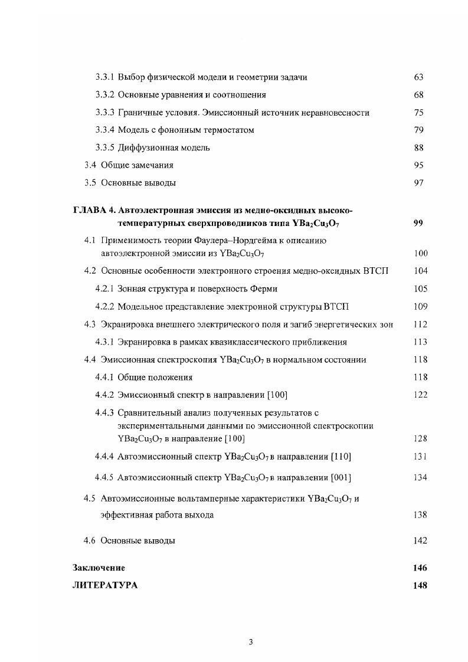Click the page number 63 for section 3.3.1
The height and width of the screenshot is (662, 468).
[x=419, y=77]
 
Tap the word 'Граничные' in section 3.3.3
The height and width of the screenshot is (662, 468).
[x=139, y=113]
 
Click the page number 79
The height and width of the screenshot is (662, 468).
[x=419, y=130]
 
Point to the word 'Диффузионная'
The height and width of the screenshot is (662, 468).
[x=145, y=148]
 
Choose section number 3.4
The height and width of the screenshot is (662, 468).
[x=90, y=166]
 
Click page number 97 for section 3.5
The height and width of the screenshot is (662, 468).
[x=419, y=183]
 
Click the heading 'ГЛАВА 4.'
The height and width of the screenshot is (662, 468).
[x=94, y=211]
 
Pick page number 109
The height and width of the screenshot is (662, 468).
[x=420, y=307]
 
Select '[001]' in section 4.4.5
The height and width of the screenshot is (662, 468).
[x=342, y=478]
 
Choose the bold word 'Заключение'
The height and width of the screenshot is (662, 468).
[x=99, y=568]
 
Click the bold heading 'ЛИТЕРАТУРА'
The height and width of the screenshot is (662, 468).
[x=104, y=586]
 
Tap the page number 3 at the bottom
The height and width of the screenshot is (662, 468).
[x=251, y=643]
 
